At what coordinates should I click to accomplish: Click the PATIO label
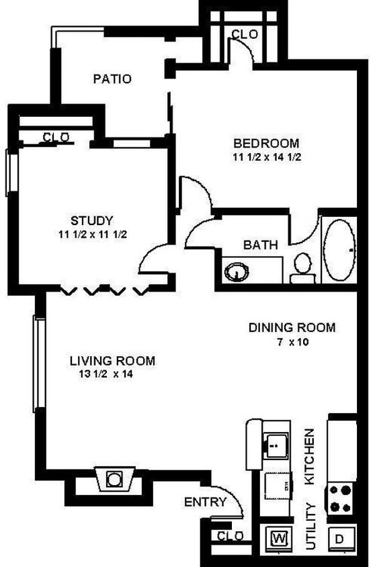[112, 79]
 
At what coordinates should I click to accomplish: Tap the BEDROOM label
[265, 143]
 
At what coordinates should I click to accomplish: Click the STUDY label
[91, 220]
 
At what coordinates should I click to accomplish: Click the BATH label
[261, 245]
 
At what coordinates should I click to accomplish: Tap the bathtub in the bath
[339, 250]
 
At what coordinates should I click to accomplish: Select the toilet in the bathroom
[302, 265]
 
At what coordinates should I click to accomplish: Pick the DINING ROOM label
[292, 328]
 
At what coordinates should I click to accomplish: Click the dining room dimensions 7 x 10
[292, 342]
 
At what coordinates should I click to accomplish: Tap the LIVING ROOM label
[112, 361]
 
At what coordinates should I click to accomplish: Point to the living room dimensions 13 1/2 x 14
[107, 375]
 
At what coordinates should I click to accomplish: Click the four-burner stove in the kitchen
[340, 498]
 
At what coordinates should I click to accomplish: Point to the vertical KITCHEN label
[310, 457]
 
